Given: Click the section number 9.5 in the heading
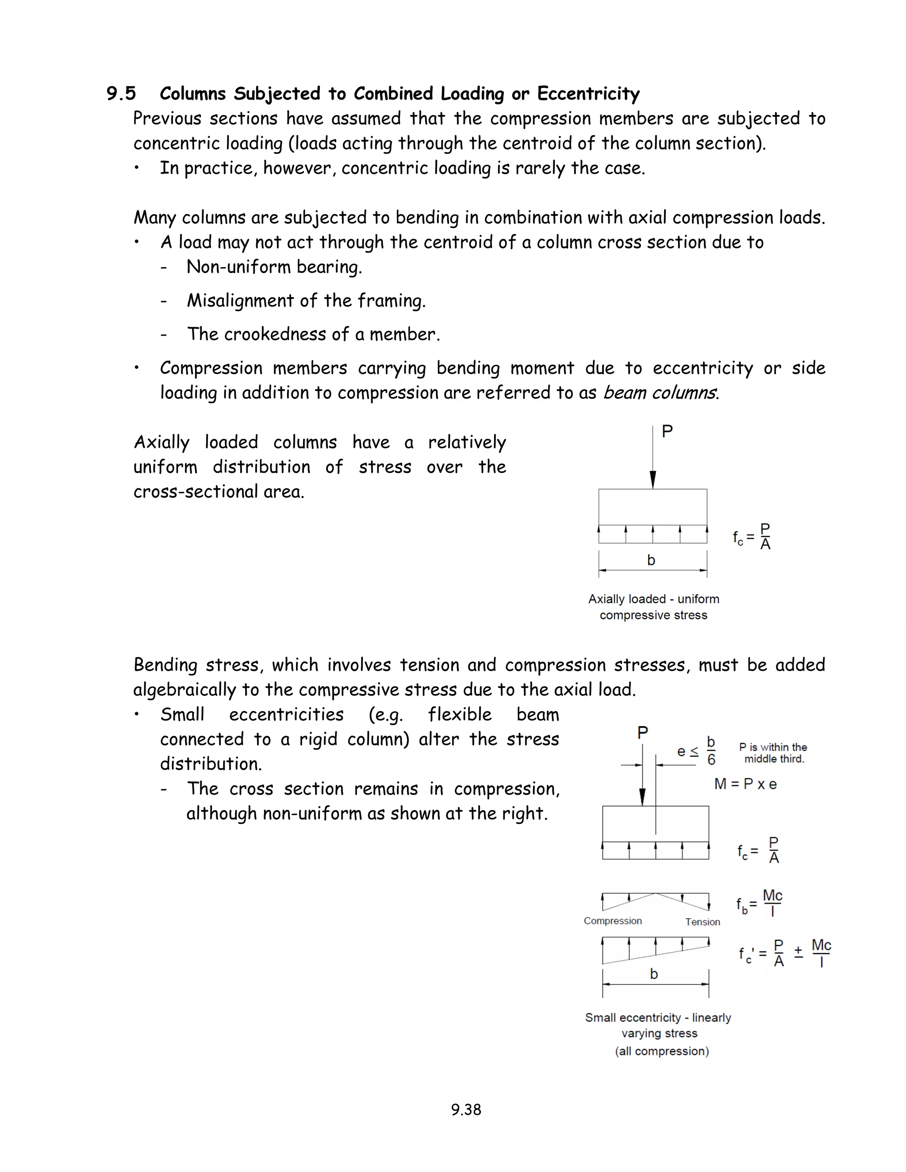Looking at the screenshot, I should point(121,94).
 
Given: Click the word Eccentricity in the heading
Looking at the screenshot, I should point(588,94).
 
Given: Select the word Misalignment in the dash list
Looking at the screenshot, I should point(240,300).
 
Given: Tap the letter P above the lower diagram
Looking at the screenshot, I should point(642,732).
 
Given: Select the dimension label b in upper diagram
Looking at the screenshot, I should point(651,560).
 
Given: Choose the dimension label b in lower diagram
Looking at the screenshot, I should point(654,974).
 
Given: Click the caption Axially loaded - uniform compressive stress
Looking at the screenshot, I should point(653,607).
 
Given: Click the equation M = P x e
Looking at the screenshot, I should point(745,784).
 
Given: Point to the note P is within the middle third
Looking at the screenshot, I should point(773,753).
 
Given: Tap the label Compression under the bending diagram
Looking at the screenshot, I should point(612,921).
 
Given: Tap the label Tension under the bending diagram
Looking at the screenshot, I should point(702,922).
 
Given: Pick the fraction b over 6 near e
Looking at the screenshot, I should point(711,751).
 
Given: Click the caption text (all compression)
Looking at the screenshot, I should point(661,1051).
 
